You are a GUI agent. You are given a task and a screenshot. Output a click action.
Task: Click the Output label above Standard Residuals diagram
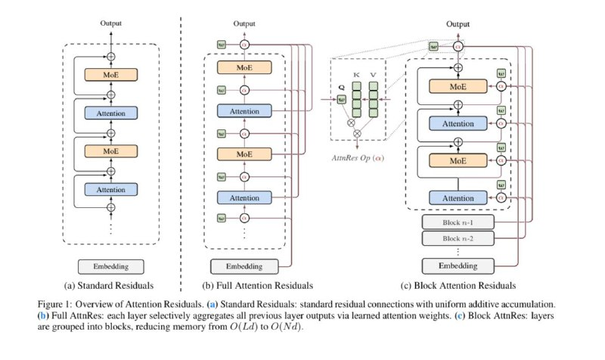(111, 23)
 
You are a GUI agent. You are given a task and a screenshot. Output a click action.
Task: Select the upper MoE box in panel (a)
(111, 76)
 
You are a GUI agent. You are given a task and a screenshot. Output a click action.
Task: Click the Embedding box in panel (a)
(111, 266)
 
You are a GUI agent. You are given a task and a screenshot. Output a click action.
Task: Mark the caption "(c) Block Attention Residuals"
(453, 286)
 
